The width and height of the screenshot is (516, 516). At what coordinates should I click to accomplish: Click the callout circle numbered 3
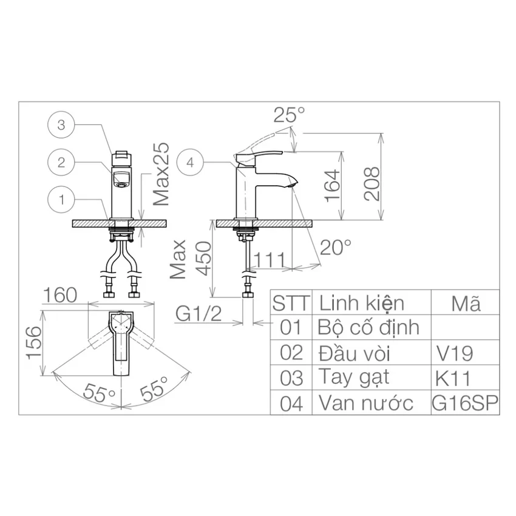61,125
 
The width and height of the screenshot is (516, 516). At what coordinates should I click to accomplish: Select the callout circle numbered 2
61,162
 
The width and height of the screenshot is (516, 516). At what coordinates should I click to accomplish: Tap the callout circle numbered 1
61,200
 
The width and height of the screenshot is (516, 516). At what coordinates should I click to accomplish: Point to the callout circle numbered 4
190,162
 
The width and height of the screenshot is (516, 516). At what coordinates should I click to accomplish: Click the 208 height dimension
372,184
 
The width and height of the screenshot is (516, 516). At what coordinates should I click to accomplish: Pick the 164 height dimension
331,186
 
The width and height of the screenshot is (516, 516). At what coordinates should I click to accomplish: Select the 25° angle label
289,115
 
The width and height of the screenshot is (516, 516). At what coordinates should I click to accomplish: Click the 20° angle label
335,248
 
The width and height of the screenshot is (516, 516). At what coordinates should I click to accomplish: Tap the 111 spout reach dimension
270,260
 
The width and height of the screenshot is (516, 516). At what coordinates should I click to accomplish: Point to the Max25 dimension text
161,174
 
